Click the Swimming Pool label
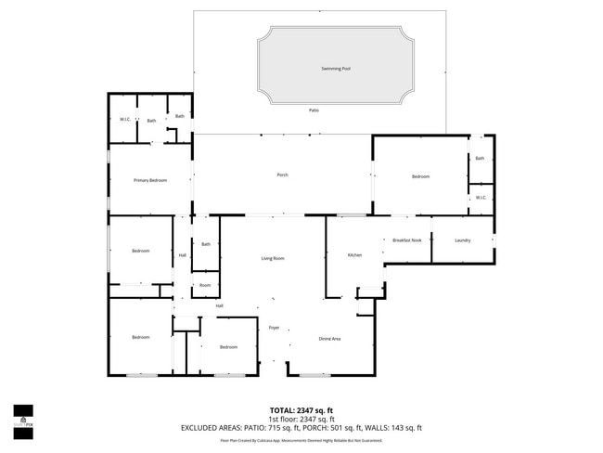(x=336, y=69)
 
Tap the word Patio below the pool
(x=314, y=110)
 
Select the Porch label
(x=282, y=175)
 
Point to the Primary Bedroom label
(x=149, y=180)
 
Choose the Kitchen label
(x=354, y=255)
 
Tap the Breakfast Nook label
(x=407, y=240)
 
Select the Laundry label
(x=462, y=240)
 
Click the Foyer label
(x=275, y=328)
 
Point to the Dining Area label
(x=329, y=339)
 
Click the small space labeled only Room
(x=205, y=285)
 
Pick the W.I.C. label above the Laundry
(x=481, y=198)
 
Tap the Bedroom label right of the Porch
(x=420, y=176)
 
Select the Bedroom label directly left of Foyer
(x=229, y=347)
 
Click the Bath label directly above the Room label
(x=206, y=244)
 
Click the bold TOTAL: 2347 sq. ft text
(x=301, y=409)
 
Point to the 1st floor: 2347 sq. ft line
(x=301, y=419)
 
